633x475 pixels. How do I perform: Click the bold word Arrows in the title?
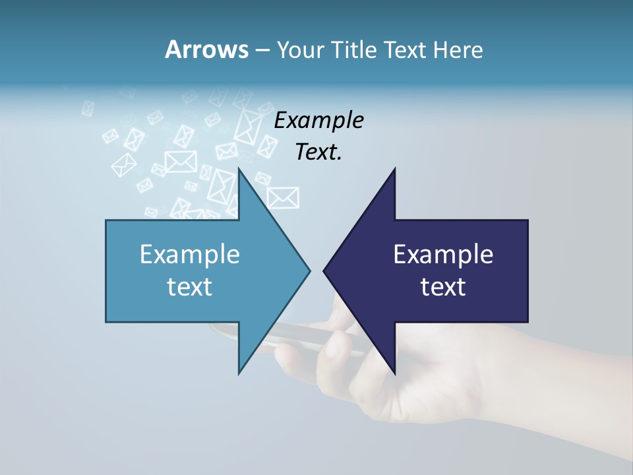206,49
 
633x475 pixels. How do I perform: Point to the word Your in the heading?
301,49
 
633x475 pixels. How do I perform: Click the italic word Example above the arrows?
318,120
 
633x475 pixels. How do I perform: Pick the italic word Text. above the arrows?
318,152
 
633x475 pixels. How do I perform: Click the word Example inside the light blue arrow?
190,254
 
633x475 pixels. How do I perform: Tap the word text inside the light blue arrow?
190,286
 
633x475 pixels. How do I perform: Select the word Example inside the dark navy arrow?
443,254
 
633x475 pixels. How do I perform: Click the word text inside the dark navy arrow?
443,286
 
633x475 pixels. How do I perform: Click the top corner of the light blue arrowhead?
239,169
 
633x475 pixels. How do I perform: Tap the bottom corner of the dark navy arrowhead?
395,372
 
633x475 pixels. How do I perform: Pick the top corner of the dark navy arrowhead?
395,169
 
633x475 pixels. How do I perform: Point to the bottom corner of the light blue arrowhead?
239,372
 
